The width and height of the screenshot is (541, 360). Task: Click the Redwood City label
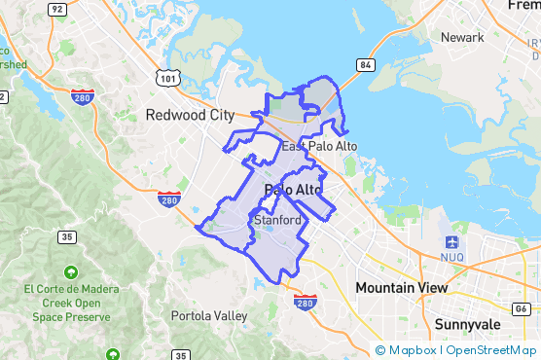pos(190,115)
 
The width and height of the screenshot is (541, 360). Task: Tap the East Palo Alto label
pos(320,146)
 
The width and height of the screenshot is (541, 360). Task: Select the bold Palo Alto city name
pos(293,190)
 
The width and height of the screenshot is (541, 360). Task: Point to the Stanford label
pos(276,221)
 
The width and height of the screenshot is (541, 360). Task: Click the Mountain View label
pos(401,288)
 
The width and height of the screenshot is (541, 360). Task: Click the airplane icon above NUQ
pos(451,241)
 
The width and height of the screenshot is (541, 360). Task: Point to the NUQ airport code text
pos(452,260)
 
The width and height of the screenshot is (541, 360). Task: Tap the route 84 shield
pos(365,65)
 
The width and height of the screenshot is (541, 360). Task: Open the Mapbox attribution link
pos(414,350)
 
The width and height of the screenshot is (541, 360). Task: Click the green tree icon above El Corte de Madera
pos(70,271)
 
